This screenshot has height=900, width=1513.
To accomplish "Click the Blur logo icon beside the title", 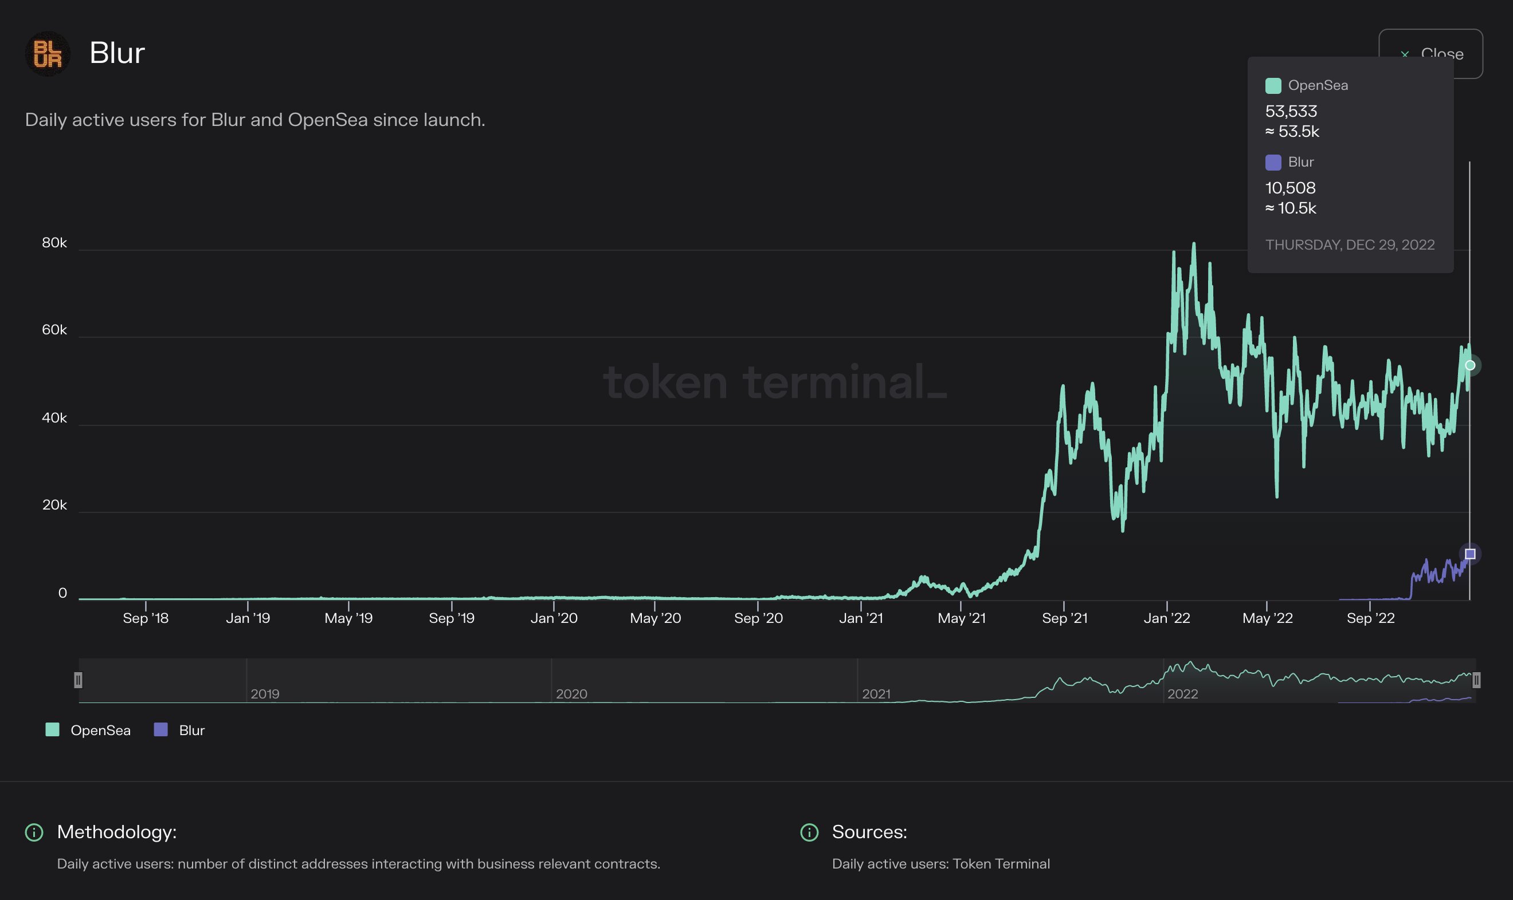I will [x=48, y=53].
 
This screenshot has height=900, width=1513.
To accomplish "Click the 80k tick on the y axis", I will [x=54, y=243].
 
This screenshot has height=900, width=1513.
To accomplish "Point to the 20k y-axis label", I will [x=54, y=504].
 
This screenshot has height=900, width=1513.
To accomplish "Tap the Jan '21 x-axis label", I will [x=861, y=618].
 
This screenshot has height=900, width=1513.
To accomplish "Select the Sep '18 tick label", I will [x=146, y=618].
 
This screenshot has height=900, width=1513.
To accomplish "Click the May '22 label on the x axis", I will [x=1267, y=618].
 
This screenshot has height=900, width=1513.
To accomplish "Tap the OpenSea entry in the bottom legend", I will [x=89, y=730].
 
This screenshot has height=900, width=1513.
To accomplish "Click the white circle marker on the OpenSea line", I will [x=1470, y=365].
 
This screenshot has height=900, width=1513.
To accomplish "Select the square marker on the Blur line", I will [x=1470, y=554].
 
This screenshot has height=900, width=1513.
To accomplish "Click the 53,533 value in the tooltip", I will [x=1291, y=112].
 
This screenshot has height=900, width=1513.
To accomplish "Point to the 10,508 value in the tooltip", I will [x=1290, y=188].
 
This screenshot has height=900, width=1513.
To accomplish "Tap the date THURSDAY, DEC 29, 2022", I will [x=1350, y=244].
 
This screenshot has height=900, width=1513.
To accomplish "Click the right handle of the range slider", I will [x=1476, y=680].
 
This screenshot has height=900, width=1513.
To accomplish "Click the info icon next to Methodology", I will [x=34, y=832].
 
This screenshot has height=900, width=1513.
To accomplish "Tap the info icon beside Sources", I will [x=809, y=832].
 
